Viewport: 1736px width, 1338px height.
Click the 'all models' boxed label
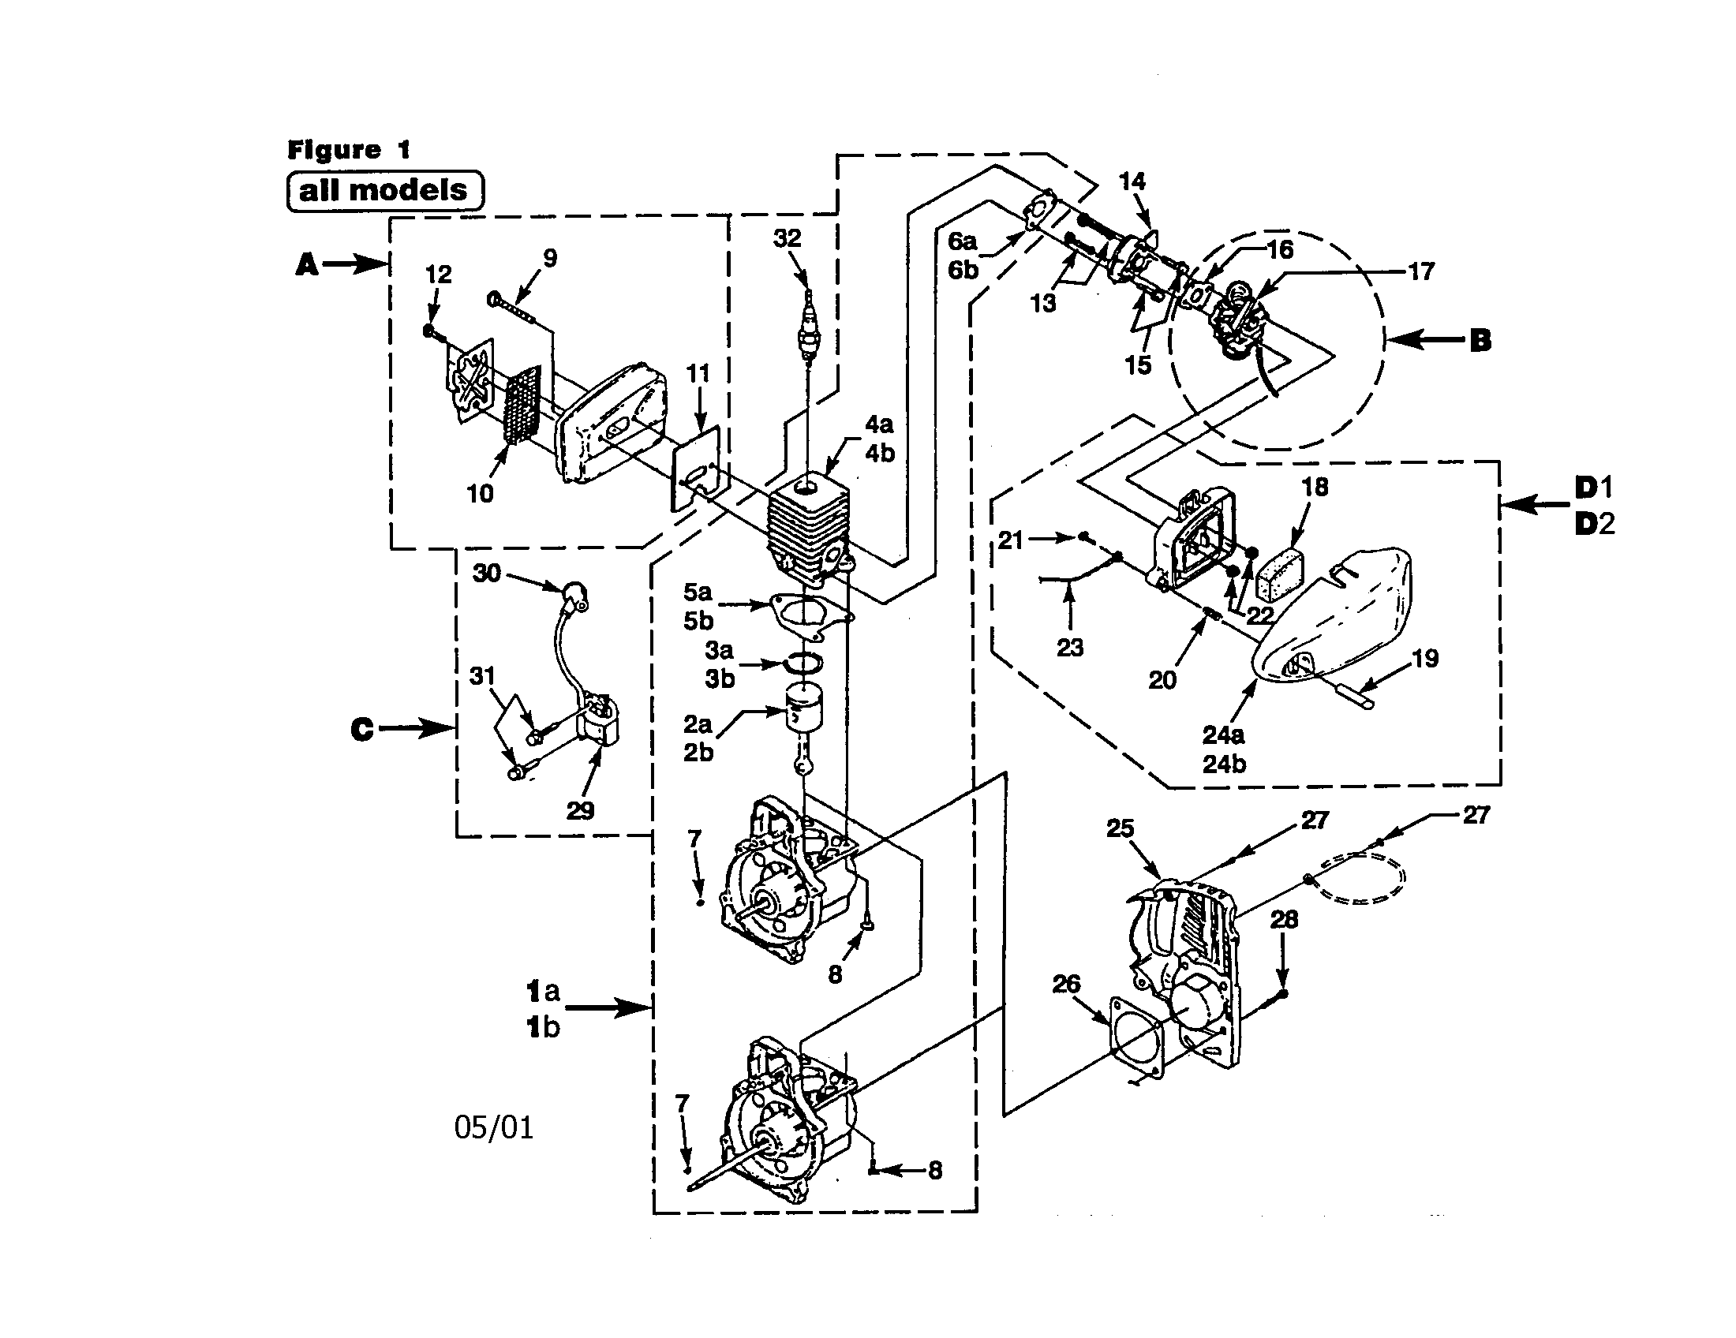384,191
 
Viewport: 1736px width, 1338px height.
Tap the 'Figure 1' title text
348,149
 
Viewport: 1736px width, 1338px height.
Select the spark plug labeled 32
807,330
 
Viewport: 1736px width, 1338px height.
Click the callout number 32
787,237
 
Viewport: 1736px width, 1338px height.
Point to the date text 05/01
494,1127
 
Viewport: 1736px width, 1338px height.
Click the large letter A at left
307,263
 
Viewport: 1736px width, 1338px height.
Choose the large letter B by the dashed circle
1480,341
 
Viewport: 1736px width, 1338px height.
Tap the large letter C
361,730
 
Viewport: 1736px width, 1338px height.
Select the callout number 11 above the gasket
697,372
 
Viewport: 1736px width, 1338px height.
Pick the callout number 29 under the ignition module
580,810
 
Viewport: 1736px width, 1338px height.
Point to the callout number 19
1425,658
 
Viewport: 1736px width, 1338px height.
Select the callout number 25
1120,828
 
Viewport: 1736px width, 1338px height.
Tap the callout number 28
1284,919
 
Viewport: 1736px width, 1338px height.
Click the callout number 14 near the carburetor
1132,181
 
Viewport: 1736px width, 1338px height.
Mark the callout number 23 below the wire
1070,648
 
